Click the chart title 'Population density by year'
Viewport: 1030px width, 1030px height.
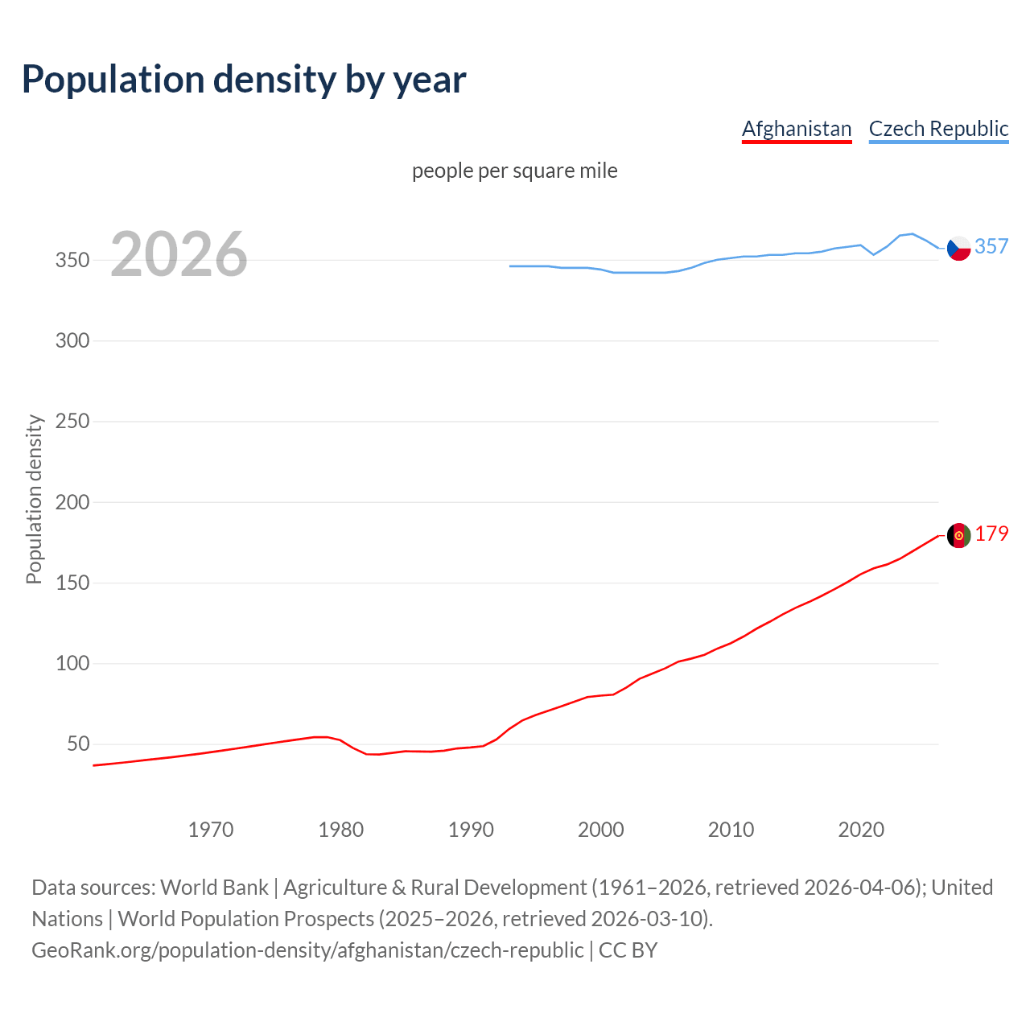244,80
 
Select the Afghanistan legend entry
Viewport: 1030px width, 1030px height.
796,129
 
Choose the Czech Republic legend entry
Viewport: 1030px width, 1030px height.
938,129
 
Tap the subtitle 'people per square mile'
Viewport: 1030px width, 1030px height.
514,171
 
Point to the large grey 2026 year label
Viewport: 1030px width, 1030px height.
179,254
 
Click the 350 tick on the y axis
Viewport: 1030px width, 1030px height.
72,261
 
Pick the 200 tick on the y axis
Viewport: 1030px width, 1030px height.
72,502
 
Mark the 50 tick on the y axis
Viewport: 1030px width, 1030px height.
77,744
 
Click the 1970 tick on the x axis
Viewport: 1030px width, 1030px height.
211,830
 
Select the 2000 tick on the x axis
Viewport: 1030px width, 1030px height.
601,830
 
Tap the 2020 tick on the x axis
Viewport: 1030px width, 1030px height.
861,830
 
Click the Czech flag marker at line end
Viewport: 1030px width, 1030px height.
958,249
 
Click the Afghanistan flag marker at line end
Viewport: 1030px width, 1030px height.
958,535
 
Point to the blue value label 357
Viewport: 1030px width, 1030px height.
991,246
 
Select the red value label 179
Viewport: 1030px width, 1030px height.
991,534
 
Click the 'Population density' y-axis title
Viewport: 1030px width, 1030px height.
34,499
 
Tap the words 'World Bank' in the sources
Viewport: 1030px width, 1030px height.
214,888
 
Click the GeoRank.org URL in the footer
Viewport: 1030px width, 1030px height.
307,950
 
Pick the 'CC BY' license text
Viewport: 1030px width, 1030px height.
628,950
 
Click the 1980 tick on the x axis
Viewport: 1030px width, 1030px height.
341,830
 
